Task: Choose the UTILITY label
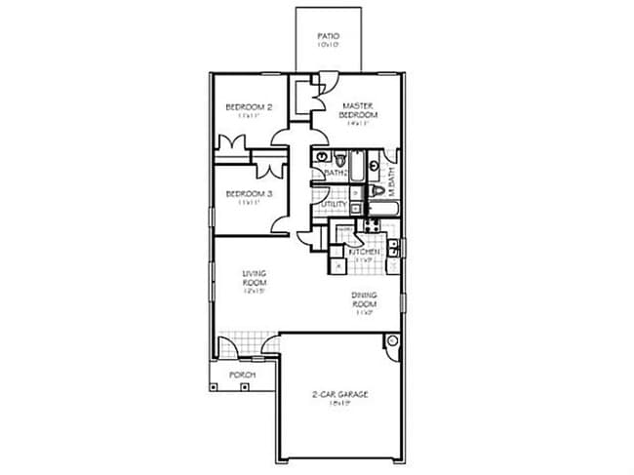(x=335, y=205)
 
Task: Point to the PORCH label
(x=242, y=375)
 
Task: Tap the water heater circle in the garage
(x=393, y=342)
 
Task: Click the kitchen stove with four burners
(x=371, y=227)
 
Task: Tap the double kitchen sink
(x=392, y=249)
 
